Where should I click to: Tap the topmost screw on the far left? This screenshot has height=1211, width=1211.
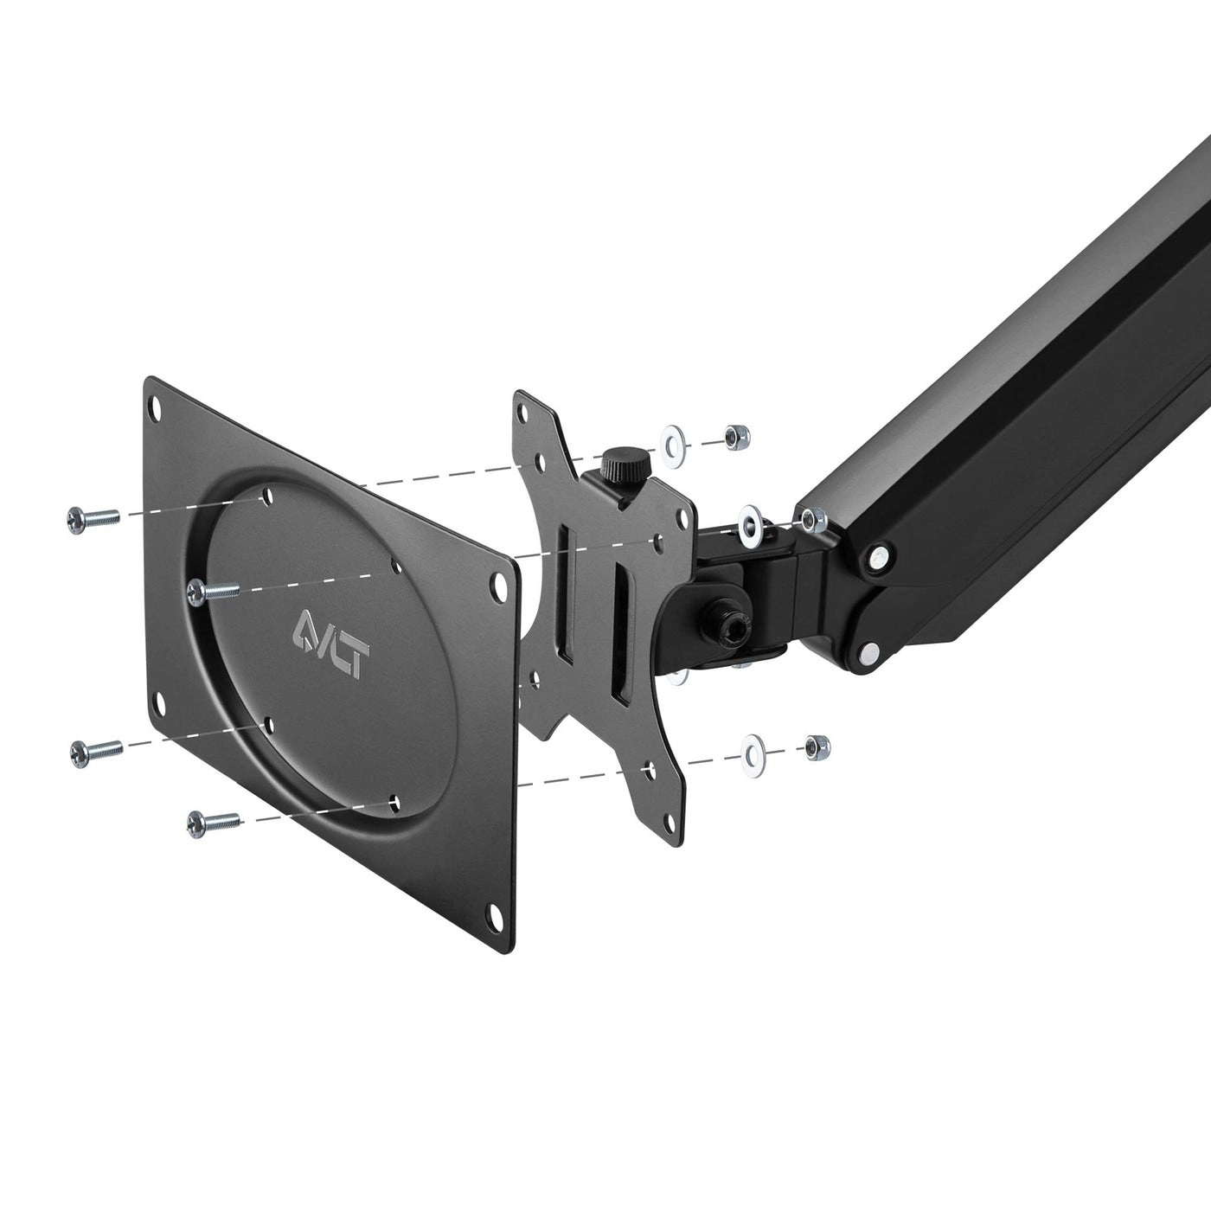(x=92, y=518)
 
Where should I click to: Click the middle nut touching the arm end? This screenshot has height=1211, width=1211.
(x=813, y=520)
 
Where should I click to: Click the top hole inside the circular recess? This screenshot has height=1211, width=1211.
(x=266, y=497)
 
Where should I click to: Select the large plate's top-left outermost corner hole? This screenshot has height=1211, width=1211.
(x=158, y=406)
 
